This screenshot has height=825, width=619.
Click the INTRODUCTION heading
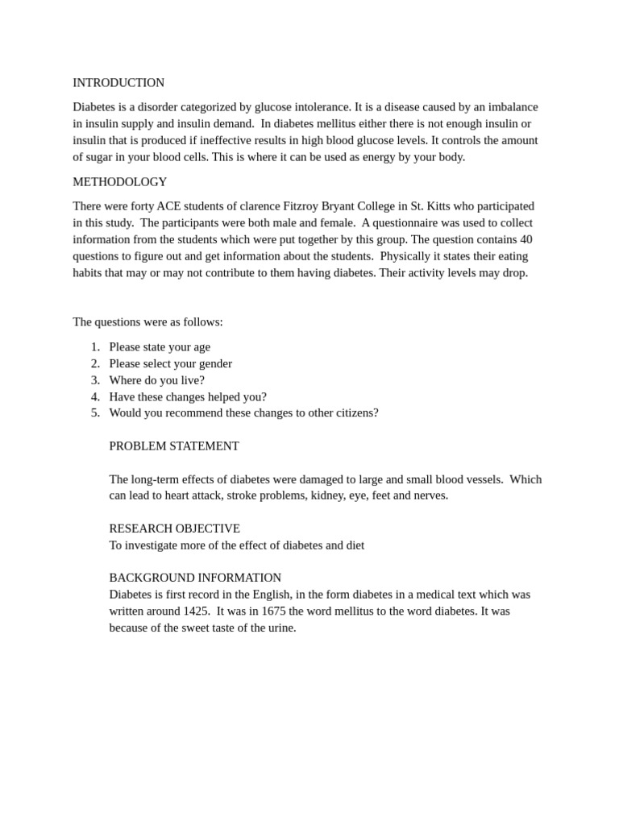[118, 83]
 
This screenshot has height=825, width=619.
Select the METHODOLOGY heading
[120, 182]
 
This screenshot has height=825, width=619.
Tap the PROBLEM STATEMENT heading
[174, 446]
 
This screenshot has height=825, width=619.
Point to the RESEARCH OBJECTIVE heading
[174, 529]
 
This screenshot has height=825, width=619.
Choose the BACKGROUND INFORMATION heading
[195, 578]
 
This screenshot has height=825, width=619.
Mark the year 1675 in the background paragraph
[273, 611]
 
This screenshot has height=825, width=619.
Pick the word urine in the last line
[279, 628]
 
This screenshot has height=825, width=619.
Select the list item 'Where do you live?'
[156, 380]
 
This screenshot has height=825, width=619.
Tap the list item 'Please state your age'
[160, 347]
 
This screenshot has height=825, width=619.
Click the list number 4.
[95, 396]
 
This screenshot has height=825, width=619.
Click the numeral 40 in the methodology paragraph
[526, 239]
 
